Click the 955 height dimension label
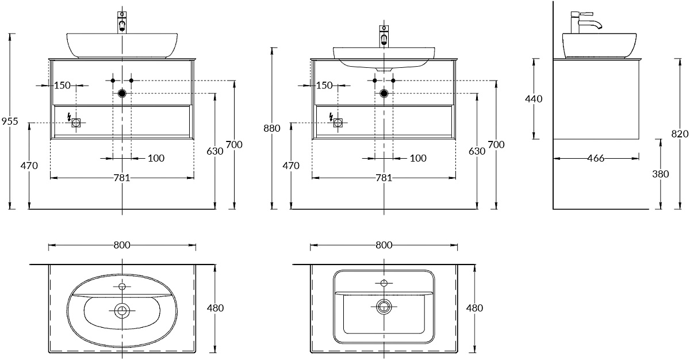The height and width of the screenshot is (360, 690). (x=10, y=121)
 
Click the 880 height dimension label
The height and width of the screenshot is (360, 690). (x=272, y=128)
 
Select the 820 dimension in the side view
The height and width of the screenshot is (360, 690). (x=680, y=134)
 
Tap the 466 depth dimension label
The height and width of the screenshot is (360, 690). (x=596, y=158)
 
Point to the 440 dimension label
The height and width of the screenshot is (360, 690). (x=534, y=99)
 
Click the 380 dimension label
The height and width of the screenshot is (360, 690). (x=661, y=174)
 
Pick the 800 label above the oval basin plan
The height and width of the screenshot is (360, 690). (x=121, y=245)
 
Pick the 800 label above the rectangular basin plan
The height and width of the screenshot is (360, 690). (x=384, y=245)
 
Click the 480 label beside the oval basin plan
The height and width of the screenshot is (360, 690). (x=215, y=308)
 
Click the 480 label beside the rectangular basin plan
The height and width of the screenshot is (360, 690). (x=474, y=308)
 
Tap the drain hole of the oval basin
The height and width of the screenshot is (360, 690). (x=121, y=311)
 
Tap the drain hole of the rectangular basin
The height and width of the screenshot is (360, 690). (x=384, y=306)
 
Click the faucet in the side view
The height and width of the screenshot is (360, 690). (x=583, y=22)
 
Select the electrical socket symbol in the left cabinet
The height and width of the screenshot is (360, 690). (x=76, y=122)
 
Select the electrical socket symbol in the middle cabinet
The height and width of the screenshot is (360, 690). (x=338, y=122)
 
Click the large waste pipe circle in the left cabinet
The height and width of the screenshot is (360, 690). (x=122, y=93)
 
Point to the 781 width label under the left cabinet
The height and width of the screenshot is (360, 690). (x=121, y=178)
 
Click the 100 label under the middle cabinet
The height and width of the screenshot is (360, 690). (x=418, y=158)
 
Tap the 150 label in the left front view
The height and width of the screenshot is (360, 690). (x=62, y=86)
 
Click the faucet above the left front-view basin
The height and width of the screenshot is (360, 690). (x=122, y=21)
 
